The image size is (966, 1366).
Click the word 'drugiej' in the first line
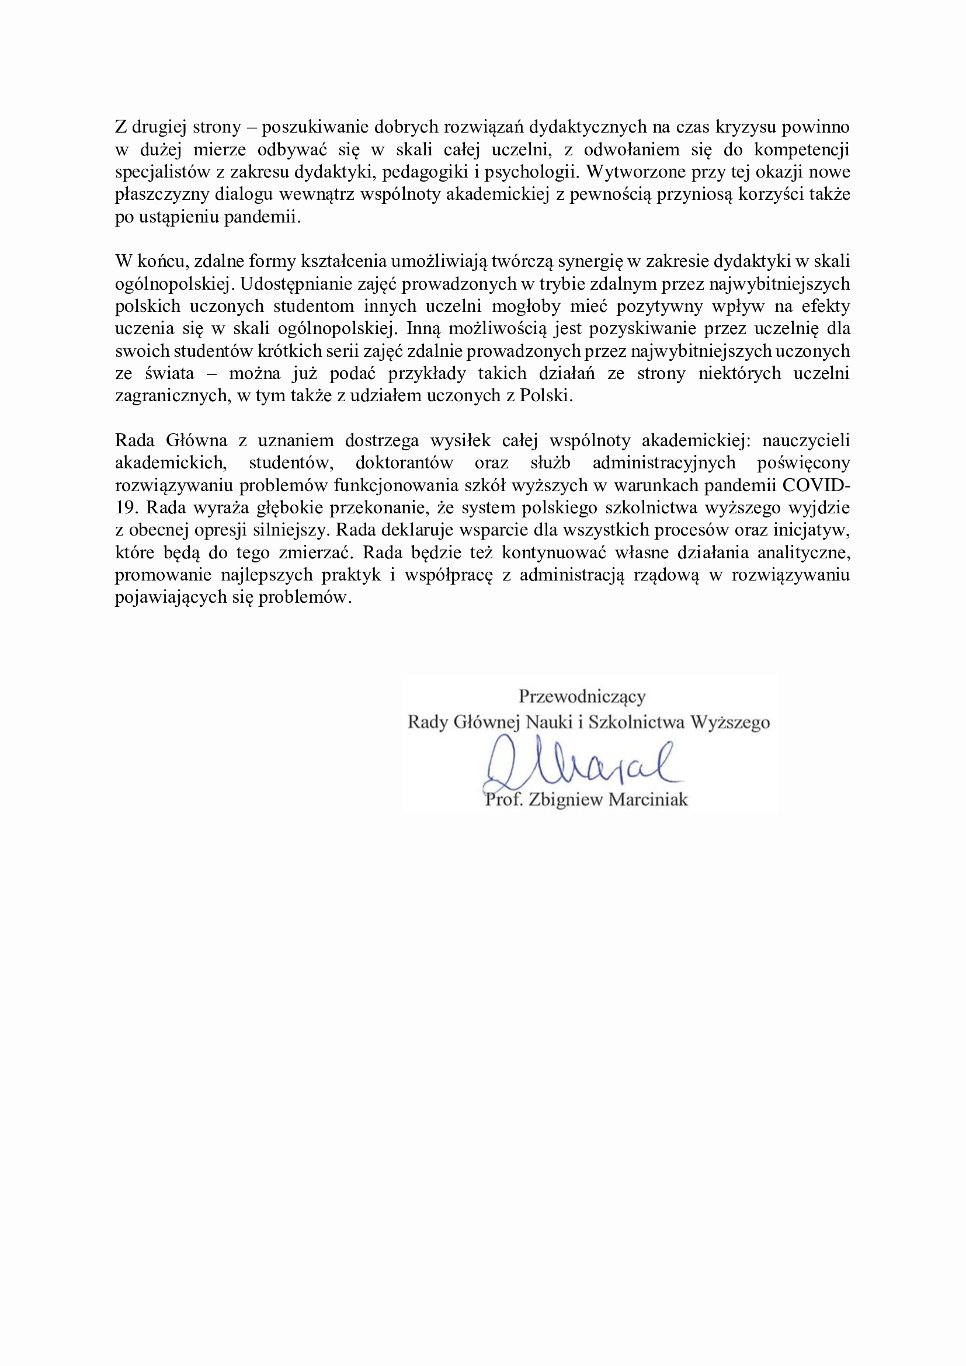(159, 127)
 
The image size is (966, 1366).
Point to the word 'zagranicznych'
(171, 395)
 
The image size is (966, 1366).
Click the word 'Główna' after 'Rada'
(196, 441)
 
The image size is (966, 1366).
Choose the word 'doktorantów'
(405, 463)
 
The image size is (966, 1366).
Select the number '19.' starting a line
(126, 508)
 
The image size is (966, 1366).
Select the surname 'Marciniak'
(648, 800)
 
